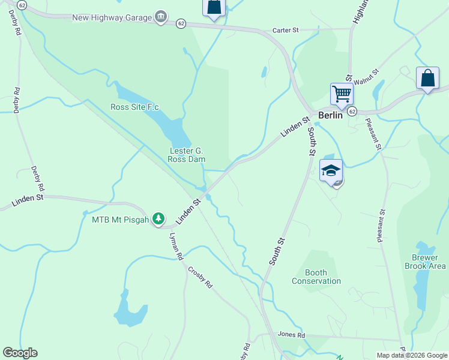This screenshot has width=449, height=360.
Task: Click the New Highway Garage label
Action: (x=112, y=17)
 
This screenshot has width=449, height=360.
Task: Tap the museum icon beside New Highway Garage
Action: (x=161, y=17)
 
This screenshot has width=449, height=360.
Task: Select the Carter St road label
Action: (x=285, y=29)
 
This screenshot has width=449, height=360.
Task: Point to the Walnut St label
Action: (x=367, y=77)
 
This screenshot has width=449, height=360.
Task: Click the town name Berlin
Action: (x=330, y=115)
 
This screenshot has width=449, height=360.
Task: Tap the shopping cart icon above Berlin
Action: (x=342, y=94)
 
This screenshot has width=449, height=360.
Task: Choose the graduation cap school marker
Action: (x=331, y=170)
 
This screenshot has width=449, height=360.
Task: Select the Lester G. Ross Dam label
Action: (x=187, y=155)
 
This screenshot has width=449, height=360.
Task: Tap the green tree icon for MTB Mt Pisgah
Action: (x=158, y=219)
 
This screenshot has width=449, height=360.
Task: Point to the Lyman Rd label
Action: (x=176, y=246)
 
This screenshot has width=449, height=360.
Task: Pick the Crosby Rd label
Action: (x=200, y=277)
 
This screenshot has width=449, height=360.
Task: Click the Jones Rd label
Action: (x=291, y=335)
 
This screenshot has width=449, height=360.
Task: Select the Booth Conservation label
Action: (x=316, y=277)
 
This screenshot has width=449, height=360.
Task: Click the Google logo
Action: (x=20, y=353)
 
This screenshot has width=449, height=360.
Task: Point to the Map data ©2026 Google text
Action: (x=411, y=355)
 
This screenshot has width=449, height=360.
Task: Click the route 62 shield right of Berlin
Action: (x=352, y=112)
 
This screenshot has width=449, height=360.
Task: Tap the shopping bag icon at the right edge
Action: (x=427, y=79)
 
